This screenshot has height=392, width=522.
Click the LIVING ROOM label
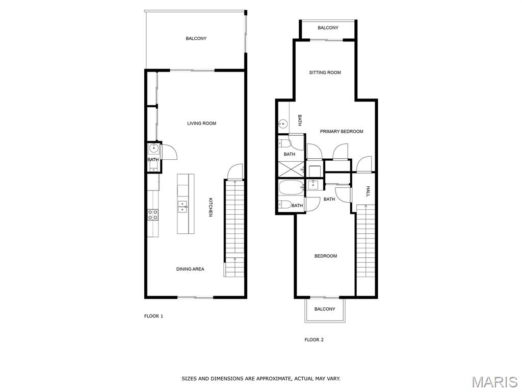point(201,124)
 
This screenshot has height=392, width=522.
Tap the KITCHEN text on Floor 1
point(211,207)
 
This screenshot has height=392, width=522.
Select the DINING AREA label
point(190,269)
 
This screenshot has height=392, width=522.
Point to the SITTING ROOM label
point(325,72)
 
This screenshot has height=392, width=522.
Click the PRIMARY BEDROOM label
point(342,131)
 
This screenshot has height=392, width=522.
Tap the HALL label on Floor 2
point(368,191)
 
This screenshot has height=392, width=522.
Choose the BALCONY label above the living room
point(196,38)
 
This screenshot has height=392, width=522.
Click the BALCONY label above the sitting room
point(328,28)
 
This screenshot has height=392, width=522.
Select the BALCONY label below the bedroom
point(325,309)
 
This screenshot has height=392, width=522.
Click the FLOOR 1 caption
point(153,316)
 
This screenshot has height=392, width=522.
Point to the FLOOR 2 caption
point(314,339)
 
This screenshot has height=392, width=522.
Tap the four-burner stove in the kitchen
point(153,214)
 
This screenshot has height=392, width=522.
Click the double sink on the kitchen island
point(182,207)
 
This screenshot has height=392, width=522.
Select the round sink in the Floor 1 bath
point(154,149)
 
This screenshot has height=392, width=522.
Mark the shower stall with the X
point(291,169)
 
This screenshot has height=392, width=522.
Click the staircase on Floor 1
point(234,228)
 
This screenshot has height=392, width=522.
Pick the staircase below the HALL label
point(366,241)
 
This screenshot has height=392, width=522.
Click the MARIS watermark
point(494,382)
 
